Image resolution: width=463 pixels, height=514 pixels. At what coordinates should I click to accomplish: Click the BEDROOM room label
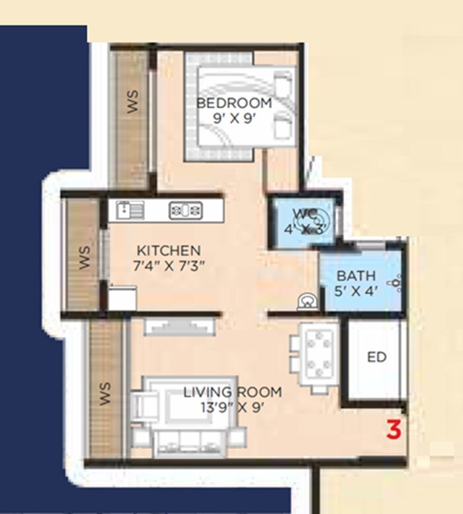[x=234, y=103]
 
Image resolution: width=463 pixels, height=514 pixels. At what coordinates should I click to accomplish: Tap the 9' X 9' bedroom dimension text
[x=234, y=120]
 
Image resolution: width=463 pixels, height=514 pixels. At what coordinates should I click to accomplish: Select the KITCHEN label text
[x=168, y=250]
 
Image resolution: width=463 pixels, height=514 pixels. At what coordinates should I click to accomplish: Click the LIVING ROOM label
[x=232, y=392]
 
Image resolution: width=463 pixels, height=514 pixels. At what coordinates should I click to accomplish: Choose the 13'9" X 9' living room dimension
[x=232, y=408]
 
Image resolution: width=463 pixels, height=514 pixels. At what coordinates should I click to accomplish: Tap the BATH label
[x=356, y=276]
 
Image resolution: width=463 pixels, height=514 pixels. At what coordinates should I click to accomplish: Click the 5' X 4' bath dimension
[x=356, y=291]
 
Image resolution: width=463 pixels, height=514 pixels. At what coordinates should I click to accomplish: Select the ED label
[x=376, y=358]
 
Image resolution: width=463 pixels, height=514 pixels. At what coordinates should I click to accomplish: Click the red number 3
[x=394, y=431]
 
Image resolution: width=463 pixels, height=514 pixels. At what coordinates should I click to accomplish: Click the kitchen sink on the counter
[x=126, y=211]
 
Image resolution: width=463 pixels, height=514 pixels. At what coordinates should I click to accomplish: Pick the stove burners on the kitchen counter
[x=185, y=211]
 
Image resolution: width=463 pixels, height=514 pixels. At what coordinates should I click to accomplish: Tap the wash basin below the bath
[x=307, y=301]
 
